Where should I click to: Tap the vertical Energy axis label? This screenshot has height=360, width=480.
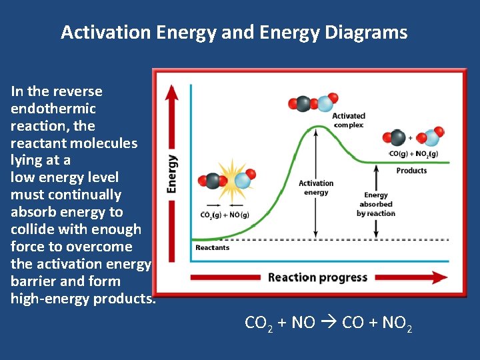[172, 174]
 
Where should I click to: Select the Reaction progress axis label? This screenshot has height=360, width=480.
[317, 277]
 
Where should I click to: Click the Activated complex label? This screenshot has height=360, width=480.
[349, 120]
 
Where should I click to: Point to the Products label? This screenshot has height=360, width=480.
[411, 171]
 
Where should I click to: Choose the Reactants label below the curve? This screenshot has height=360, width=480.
[212, 247]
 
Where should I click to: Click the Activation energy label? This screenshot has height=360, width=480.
[316, 187]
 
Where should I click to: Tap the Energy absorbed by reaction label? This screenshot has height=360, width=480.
[376, 204]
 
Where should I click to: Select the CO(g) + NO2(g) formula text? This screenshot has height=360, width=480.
[413, 154]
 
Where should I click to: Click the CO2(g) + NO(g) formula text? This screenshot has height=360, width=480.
[225, 215]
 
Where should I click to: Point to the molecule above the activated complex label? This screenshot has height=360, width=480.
[310, 103]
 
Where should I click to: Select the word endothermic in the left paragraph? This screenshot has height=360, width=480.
[53, 109]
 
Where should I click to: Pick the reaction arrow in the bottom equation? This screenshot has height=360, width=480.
[329, 323]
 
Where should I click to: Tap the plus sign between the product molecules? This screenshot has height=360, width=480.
[411, 138]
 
